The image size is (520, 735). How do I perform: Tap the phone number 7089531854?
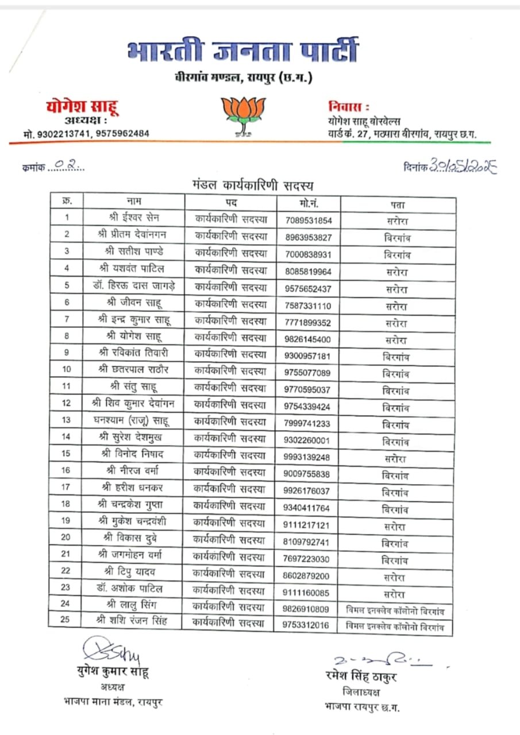pyautogui.click(x=308, y=220)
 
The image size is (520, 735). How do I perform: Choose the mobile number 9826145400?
pyautogui.click(x=308, y=339)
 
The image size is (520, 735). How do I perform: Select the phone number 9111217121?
pyautogui.click(x=308, y=525)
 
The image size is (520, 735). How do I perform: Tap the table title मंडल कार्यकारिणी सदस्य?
pyautogui.click(x=252, y=185)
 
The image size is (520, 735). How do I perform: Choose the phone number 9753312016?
pyautogui.click(x=308, y=625)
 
